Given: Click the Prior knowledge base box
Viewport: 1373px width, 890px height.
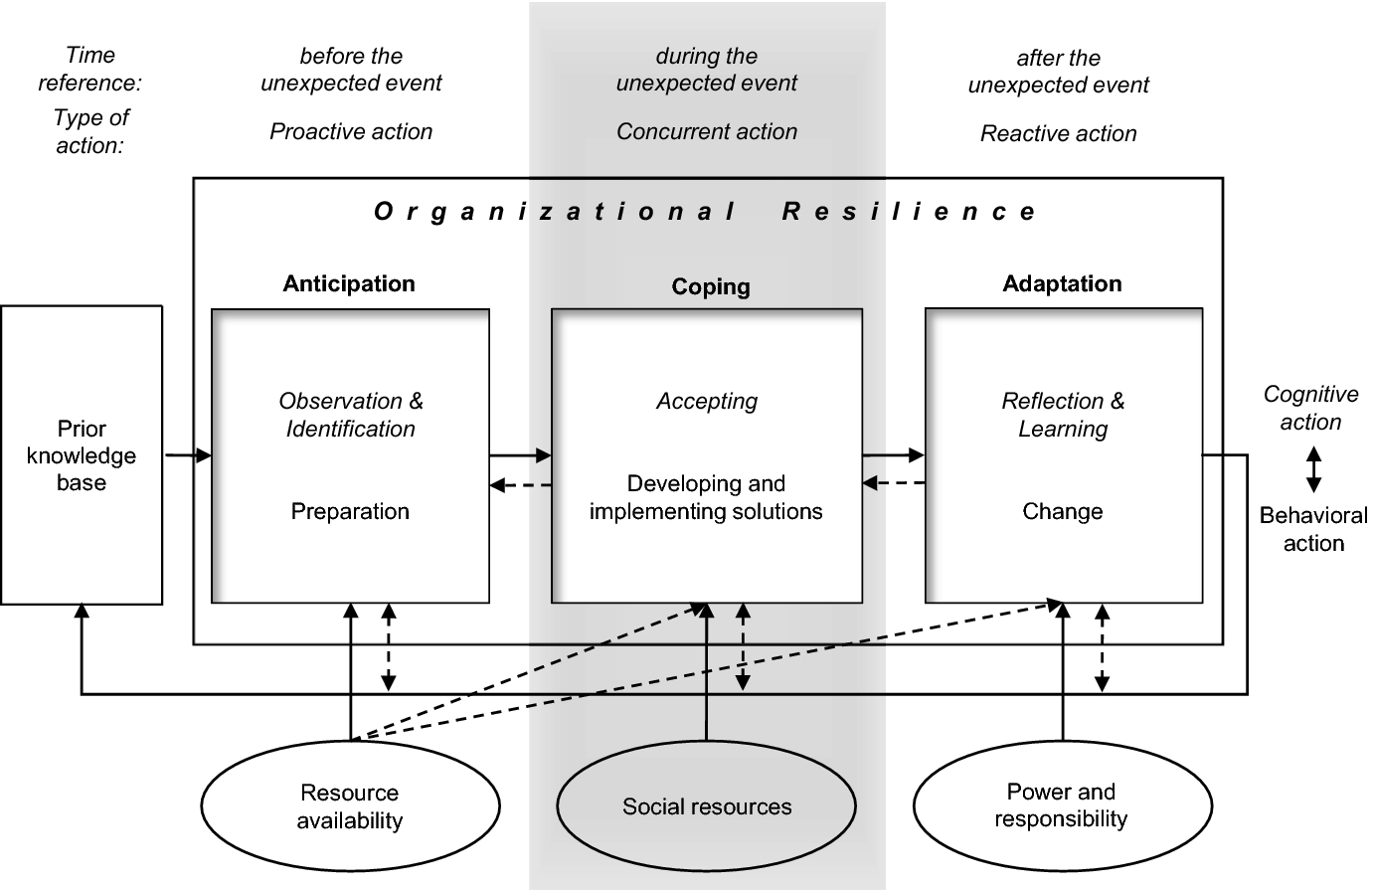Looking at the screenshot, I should [x=82, y=455].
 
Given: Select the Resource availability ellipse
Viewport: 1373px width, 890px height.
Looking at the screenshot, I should [x=350, y=806].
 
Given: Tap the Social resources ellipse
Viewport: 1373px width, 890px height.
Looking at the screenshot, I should [x=707, y=806].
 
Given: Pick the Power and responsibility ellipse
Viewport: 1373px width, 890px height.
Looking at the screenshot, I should [x=1061, y=805].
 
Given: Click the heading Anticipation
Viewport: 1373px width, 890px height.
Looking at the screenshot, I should [x=349, y=283].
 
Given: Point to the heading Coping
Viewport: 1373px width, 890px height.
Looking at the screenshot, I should [x=711, y=286].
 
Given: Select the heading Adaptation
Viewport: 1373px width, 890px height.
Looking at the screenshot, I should [x=1062, y=283].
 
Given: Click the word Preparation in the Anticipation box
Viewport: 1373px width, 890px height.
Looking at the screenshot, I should [x=350, y=511].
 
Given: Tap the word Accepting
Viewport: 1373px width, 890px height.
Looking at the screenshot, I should [x=707, y=402].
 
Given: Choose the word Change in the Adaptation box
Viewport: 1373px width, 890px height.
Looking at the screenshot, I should [x=1062, y=511].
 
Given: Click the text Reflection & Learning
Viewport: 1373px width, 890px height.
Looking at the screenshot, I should [x=1063, y=415].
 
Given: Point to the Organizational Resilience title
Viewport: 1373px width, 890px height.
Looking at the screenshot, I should [x=706, y=211].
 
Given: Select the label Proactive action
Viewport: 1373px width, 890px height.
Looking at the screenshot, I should [x=351, y=131].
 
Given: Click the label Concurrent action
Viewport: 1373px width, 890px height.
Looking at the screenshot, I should [x=707, y=131].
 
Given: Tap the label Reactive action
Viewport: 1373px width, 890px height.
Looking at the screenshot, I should [x=1058, y=133].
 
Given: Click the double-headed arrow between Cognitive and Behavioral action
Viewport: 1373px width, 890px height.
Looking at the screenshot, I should [x=1313, y=469].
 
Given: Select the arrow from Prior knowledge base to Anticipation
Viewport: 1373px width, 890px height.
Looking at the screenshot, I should [x=188, y=455].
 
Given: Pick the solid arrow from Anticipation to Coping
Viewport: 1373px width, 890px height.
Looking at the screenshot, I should [x=520, y=455].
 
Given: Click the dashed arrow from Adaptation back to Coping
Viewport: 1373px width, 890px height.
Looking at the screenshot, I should [x=894, y=484].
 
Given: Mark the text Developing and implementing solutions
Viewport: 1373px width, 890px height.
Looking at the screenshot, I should [x=706, y=497].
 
